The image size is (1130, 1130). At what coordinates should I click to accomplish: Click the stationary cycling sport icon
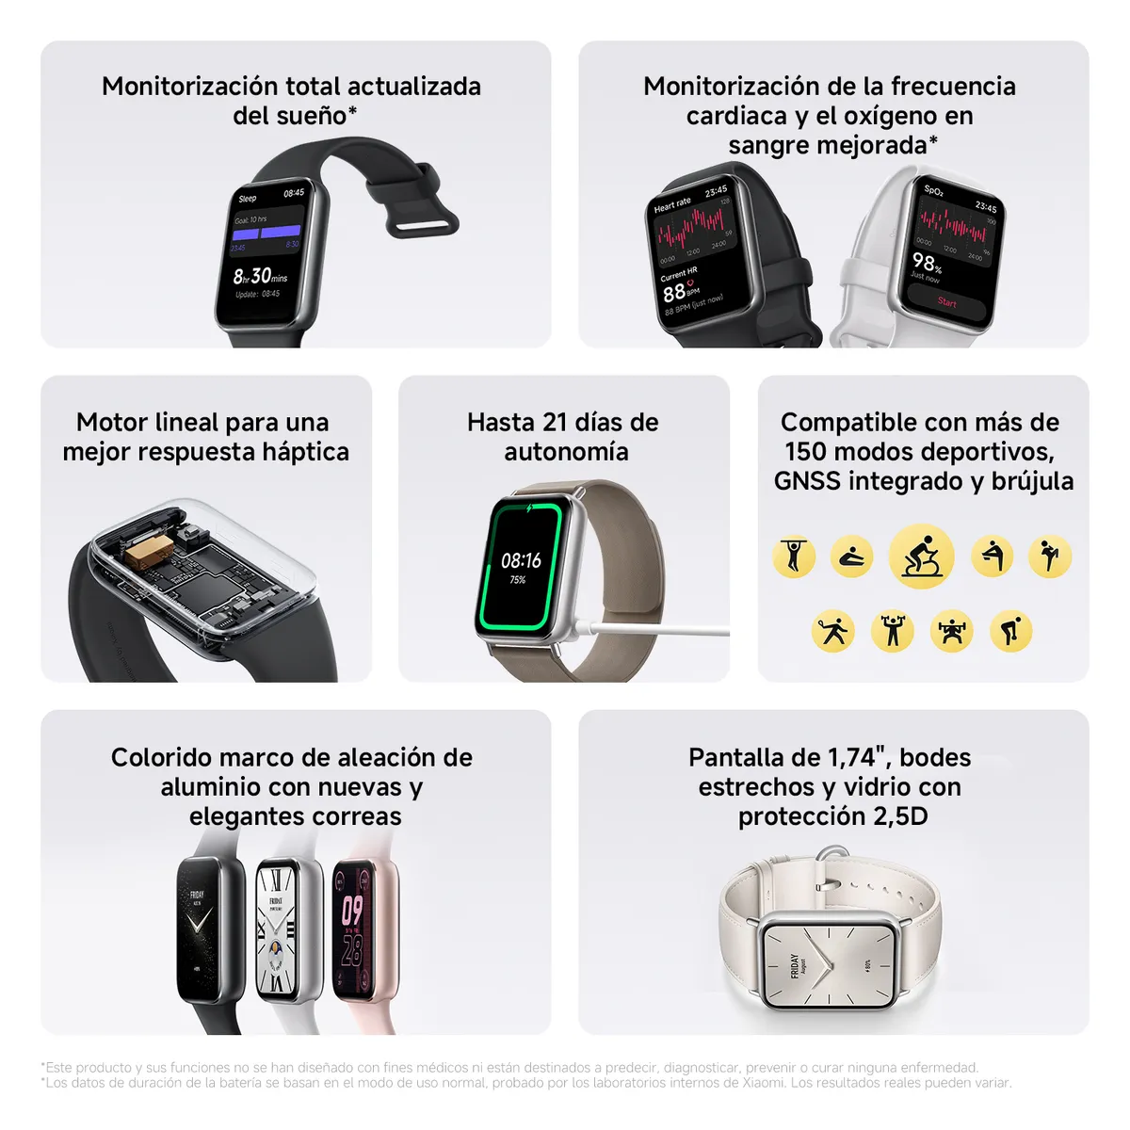coord(921,557)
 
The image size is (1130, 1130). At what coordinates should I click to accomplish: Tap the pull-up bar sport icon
coord(794,557)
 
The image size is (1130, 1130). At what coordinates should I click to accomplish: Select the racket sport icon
coord(832,631)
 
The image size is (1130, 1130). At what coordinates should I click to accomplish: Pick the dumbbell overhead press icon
coord(893,631)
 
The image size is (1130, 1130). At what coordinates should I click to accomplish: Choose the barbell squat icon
coord(951,631)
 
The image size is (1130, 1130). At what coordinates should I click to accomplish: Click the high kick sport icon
coord(1050,557)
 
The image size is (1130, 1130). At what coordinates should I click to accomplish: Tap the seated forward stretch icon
coord(852,557)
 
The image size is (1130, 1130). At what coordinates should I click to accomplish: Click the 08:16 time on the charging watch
coord(521,561)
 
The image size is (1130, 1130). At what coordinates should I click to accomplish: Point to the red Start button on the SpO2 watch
coord(947,302)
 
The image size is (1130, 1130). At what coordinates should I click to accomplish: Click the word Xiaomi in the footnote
coord(765,1083)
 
